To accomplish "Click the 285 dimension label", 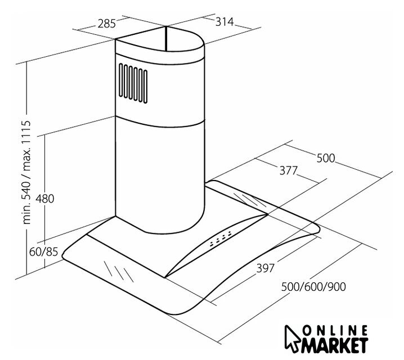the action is pos(107,24).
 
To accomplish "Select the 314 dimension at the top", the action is pos(225,22).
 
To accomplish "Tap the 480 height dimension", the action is pos(45,199).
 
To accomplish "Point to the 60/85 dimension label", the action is pos(43,252).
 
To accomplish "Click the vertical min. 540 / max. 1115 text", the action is pos(27,172).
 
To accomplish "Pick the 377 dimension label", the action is pos(289,170).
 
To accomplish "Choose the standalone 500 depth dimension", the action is pos(326,158).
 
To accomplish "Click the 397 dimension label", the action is pos(266,268).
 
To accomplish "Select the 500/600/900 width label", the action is pos(313,287).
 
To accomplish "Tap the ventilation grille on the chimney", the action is pos(133,83).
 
